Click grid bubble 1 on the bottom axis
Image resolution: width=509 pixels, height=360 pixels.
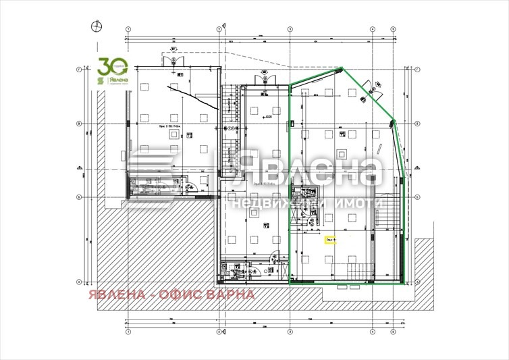pyautogui.click(x=126, y=333)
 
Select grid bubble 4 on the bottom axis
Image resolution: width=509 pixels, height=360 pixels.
pyautogui.click(x=372, y=333)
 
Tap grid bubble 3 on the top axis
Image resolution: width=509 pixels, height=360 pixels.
pyautogui.click(x=290, y=29)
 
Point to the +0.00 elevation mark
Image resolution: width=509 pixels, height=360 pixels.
pyautogui.click(x=268, y=116)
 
